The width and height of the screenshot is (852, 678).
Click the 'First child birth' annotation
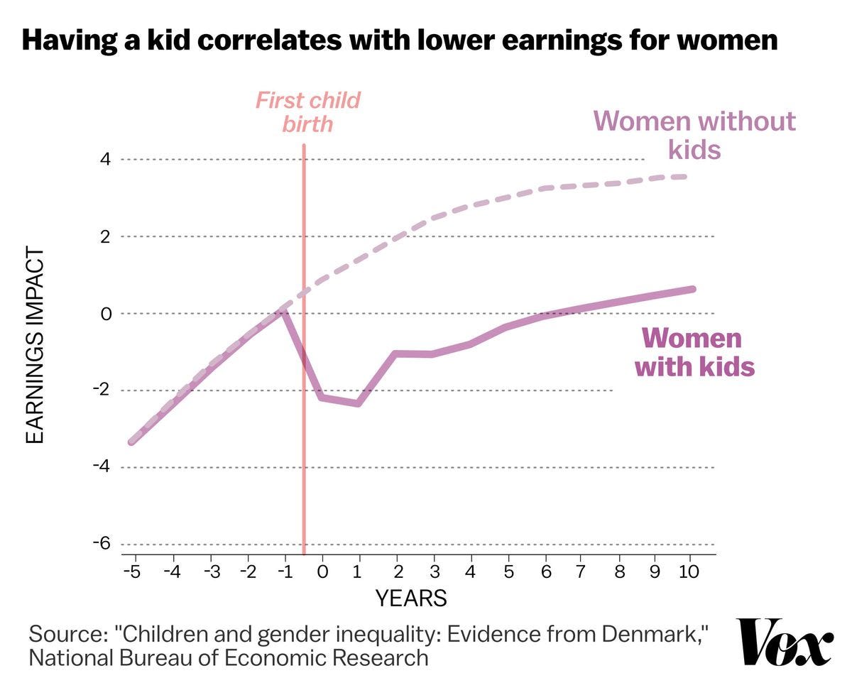pos(307,112)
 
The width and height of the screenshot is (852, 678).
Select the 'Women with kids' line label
pos(694,352)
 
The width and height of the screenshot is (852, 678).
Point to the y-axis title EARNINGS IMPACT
pos(35,346)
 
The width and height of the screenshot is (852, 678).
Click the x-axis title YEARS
pos(411,598)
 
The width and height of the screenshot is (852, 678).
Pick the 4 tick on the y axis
pos(105,159)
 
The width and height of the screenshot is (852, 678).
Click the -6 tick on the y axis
pos(102,544)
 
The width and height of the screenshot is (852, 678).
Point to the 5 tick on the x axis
pos(507,571)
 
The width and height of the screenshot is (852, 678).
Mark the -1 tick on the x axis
pos(283,571)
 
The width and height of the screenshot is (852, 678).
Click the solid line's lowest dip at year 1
pos(359,404)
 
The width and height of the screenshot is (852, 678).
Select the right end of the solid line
pos(692,289)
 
